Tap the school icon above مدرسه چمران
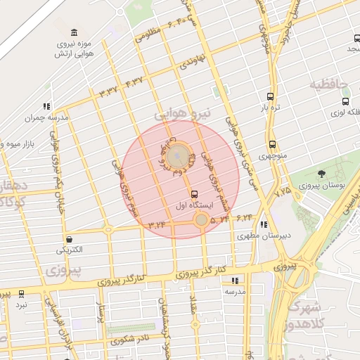click(x=46, y=106)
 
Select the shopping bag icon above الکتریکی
click(x=69, y=239)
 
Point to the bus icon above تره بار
click(x=271, y=96)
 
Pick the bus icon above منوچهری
click(x=271, y=144)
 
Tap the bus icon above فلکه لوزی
click(x=345, y=101)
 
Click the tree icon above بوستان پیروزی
click(x=321, y=174)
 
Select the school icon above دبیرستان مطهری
click(x=264, y=225)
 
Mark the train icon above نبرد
click(x=21, y=294)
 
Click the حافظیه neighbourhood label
click(x=330, y=85)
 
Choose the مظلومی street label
click(x=148, y=33)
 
